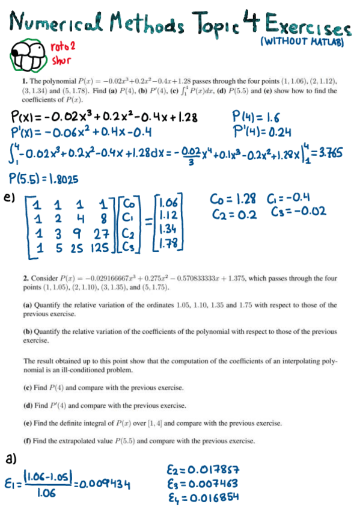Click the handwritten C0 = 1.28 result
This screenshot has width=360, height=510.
click(x=233, y=199)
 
